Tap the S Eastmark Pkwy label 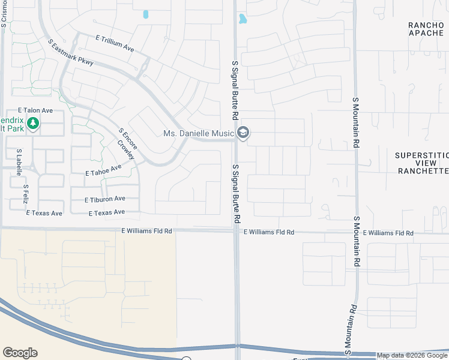71,55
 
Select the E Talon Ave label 35,110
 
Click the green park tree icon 34,124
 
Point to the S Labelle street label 19,162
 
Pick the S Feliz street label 26,194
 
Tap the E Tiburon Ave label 104,199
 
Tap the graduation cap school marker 243,133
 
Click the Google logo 20,353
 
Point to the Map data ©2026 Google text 412,355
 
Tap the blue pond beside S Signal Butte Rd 243,19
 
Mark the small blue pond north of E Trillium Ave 145,14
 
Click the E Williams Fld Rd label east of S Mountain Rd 388,233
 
